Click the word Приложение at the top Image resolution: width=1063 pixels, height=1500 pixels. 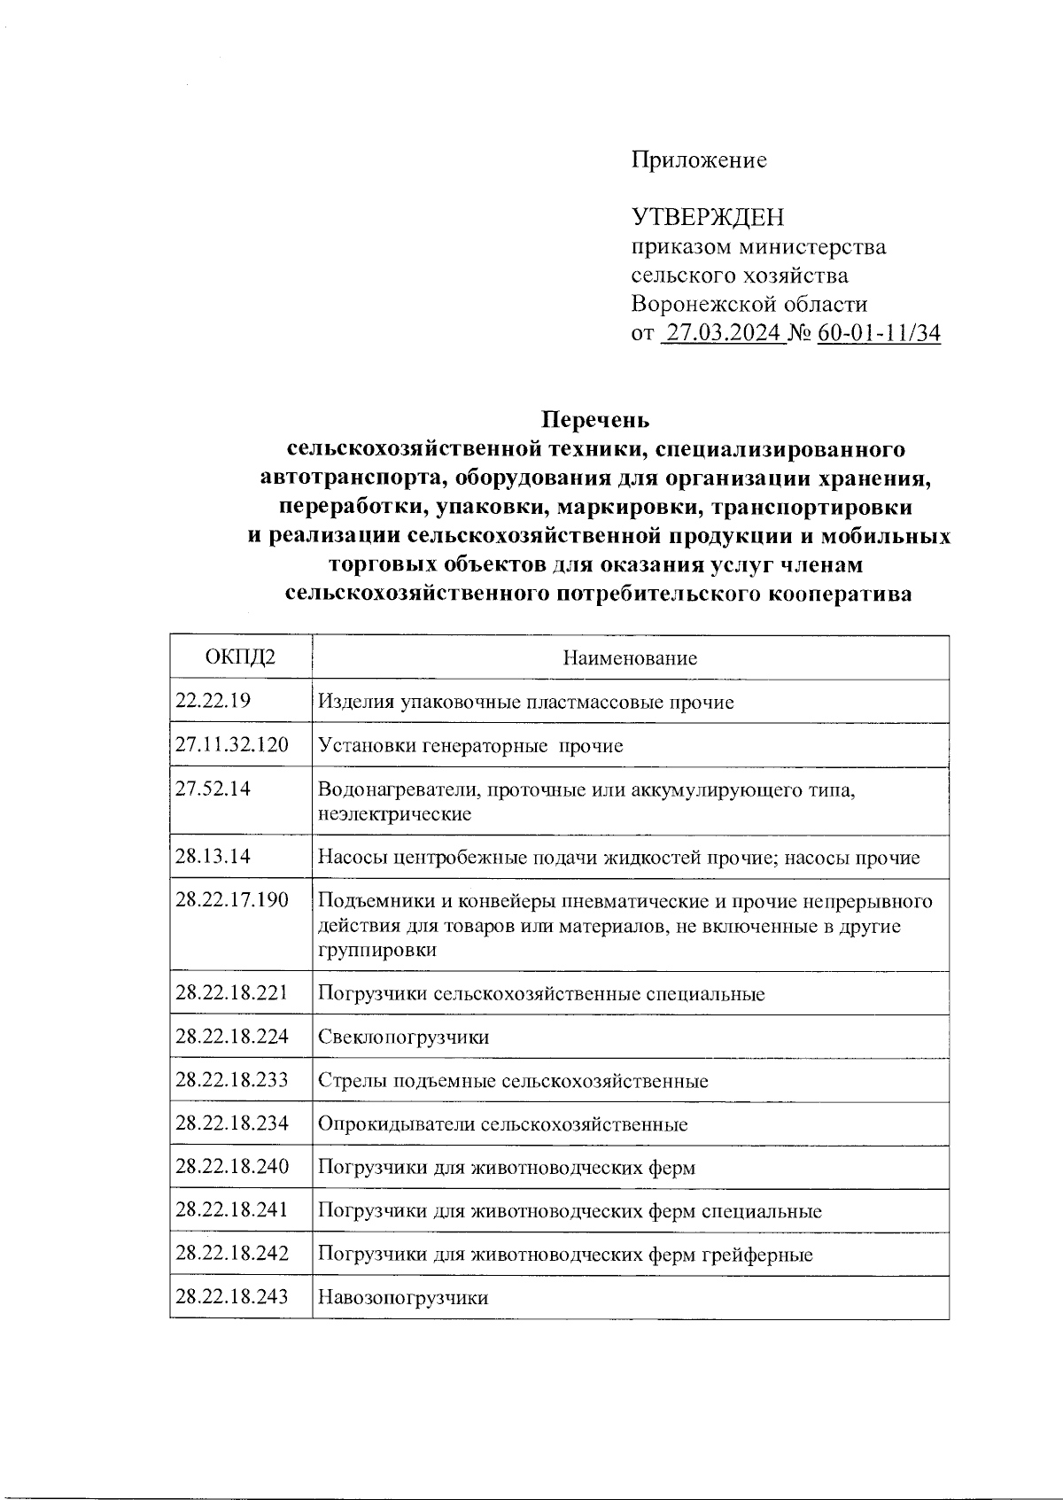point(699,160)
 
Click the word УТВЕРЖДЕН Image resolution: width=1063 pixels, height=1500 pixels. point(708,217)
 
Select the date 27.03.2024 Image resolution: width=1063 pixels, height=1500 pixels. point(723,334)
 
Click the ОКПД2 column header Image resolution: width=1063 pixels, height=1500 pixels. point(240,658)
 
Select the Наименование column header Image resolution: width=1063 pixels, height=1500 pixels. point(630,658)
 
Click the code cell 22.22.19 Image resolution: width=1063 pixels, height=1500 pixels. point(213,701)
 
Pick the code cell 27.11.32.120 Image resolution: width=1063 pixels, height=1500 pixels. point(232,744)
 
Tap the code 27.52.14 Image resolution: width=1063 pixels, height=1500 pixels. point(213,789)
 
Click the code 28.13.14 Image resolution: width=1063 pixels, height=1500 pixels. point(213,857)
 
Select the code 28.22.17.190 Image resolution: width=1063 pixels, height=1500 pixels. point(232,900)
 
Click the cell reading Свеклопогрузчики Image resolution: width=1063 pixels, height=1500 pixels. point(403,1038)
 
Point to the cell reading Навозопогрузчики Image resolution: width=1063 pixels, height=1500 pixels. point(403,1298)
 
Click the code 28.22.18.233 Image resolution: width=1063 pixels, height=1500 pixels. point(232,1080)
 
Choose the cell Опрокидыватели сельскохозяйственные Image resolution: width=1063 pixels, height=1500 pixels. point(502,1125)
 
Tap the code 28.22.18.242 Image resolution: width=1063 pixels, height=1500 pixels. point(232,1254)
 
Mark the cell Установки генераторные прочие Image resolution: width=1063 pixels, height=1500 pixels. point(470,746)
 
